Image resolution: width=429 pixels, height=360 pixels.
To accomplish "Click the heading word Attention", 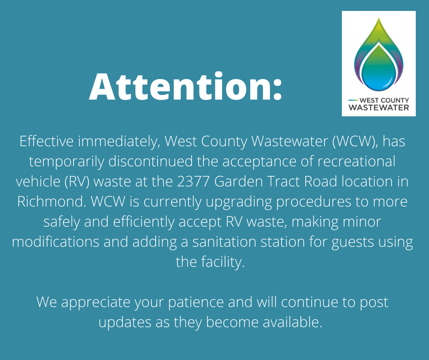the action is pos(185,87).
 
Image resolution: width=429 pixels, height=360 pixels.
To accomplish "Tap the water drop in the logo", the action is pos(379,54).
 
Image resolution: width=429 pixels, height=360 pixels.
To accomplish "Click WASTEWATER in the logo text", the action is pos(379,107).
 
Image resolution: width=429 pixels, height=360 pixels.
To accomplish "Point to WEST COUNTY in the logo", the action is pos(384,100).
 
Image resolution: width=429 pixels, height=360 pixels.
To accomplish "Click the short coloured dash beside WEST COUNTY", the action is pos(353,100).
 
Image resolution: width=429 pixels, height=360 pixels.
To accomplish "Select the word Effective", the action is pos(47,141).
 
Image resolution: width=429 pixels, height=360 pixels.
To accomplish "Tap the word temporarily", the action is pos(67,162).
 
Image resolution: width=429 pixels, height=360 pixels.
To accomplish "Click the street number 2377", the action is pos(194,181).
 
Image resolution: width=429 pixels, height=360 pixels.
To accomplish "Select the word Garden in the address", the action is pos(238,181).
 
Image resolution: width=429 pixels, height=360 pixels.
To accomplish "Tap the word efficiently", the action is pos(144,222).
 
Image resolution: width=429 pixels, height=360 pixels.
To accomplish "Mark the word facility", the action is pos(223,262).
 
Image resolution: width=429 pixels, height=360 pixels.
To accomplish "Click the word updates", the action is pos(125,323).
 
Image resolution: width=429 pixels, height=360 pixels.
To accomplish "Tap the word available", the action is pos(293,322).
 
